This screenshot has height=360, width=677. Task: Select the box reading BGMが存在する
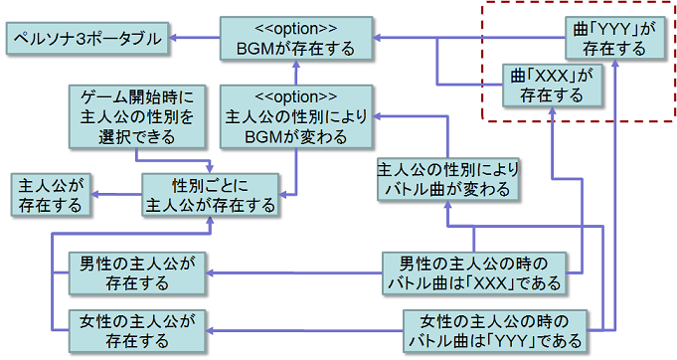(295, 39)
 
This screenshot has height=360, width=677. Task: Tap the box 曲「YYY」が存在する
(608, 37)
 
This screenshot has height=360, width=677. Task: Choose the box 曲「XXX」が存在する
(551, 85)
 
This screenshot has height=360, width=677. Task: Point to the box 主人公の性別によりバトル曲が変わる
(448, 179)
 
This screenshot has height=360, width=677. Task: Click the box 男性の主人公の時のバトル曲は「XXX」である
(473, 273)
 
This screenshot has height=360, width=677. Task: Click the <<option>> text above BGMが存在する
(295, 28)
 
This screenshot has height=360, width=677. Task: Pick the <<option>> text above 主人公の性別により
(295, 97)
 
